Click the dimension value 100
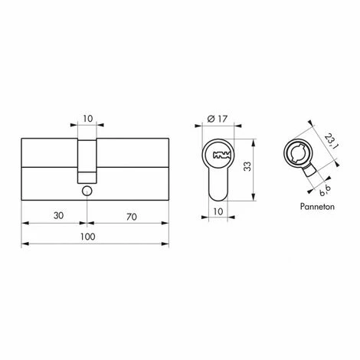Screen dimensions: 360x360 click(x=87, y=237)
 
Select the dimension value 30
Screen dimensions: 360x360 click(x=58, y=216)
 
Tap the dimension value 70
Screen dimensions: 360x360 click(x=132, y=217)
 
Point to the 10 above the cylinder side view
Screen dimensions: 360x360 click(x=87, y=119)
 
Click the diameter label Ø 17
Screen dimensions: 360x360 click(x=217, y=119)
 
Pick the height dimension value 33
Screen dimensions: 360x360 click(x=247, y=166)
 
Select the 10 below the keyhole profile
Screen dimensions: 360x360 click(x=218, y=211)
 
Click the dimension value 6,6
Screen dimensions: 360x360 click(x=325, y=190)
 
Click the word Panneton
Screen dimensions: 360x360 click(x=317, y=206)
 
